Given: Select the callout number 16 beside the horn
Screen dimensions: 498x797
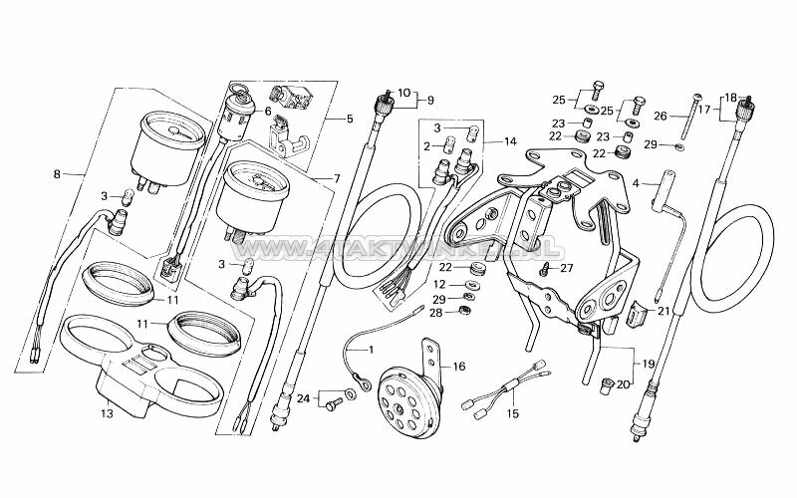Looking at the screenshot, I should pos(459,367).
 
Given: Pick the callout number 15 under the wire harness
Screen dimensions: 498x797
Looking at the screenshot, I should pos(513,412).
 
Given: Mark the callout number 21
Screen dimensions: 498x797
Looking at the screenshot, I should pos(663,311).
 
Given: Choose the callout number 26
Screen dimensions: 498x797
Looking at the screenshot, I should pos(659,116).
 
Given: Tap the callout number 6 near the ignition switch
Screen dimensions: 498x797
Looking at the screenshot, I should pos(267,112).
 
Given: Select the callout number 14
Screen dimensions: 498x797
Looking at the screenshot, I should pos(510,140).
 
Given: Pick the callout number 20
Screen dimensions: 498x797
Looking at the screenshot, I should pos(623,383).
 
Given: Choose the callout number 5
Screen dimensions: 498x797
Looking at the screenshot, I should pos(349,120).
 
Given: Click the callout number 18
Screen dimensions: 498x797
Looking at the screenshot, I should pos(731,98).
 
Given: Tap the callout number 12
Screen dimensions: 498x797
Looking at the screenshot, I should pos(439,284).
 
